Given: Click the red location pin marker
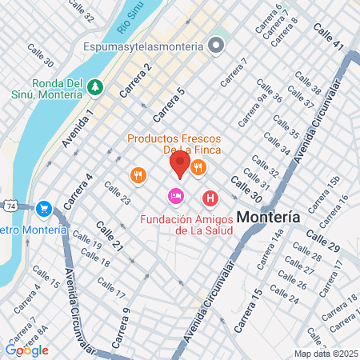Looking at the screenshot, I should [179, 166].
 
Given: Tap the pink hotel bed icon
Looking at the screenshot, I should [174, 196].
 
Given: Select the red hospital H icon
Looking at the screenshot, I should [210, 197].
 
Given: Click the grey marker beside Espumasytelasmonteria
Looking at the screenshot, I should [214, 46].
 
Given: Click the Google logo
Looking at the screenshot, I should [26, 350].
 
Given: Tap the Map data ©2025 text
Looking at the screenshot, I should [324, 354].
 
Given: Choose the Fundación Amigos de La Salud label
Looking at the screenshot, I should [186, 225].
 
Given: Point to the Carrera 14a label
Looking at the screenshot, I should [269, 249].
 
